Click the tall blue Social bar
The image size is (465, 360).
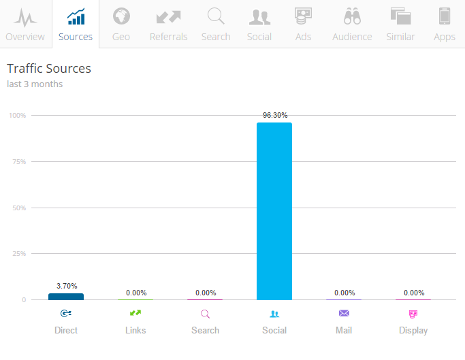pos(274,211)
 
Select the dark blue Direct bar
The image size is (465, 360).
pos(66,297)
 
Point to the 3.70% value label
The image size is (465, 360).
pos(66,286)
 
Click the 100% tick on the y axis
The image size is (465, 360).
pos(18,116)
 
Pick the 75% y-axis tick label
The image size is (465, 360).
pos(19,162)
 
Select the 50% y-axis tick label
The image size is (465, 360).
pos(19,208)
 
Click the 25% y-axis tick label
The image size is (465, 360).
pos(19,254)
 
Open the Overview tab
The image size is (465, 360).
pos(25,24)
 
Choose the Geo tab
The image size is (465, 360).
pos(121,24)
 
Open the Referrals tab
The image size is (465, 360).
pos(168,24)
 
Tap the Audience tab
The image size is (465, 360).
pos(352,24)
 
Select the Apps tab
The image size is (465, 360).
pos(445,24)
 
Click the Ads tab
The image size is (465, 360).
pos(304,24)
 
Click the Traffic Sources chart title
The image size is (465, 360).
pos(49,69)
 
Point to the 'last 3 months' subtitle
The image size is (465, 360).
pos(35,84)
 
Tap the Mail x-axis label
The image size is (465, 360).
pos(344,330)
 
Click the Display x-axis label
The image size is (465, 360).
pos(413,330)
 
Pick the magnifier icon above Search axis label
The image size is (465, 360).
pos(205,314)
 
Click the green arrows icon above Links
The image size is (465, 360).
pos(135,313)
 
